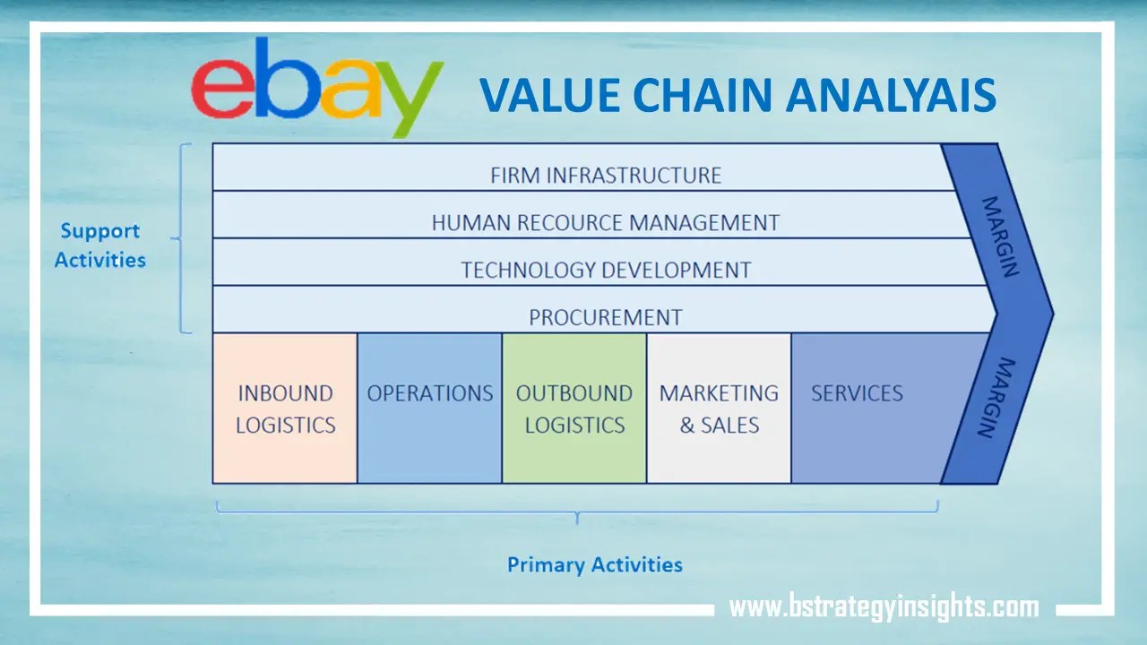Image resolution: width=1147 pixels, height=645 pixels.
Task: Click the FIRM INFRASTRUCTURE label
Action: click(605, 175)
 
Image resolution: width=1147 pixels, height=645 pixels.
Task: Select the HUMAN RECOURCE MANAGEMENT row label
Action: click(605, 222)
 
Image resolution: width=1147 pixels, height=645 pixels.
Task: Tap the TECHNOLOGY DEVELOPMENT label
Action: click(605, 270)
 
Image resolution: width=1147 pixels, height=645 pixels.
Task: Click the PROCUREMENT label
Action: click(605, 317)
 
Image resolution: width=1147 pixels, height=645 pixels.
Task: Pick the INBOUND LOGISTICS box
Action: click(285, 408)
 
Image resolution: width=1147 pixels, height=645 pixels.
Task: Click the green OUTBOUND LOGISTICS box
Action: click(574, 408)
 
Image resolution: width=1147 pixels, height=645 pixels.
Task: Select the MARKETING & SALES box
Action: click(719, 408)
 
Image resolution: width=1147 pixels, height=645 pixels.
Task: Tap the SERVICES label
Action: click(857, 393)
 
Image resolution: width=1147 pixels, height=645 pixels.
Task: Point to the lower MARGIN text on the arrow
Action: click(996, 398)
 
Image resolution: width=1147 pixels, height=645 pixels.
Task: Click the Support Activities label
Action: click(99, 245)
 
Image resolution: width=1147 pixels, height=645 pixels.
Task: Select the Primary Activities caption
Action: click(594, 564)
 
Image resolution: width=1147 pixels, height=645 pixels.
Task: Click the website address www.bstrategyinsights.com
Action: click(884, 606)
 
